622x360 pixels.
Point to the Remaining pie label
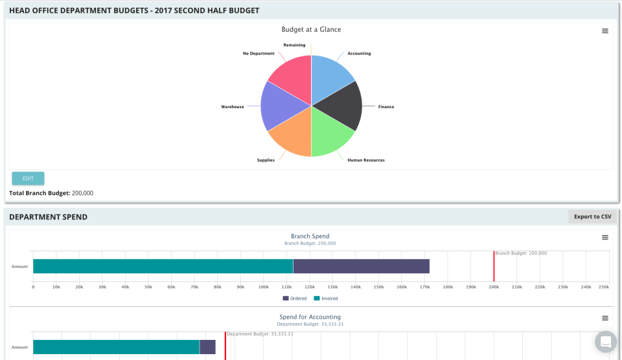tap(294, 45)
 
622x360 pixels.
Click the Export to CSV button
tap(592, 217)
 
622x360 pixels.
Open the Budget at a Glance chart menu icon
tap(605, 31)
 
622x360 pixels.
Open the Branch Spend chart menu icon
tap(605, 238)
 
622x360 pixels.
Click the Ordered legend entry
tap(295, 298)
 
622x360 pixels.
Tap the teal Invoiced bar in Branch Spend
tap(163, 266)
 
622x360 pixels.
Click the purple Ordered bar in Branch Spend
tap(361, 266)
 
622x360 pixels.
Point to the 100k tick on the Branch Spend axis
tap(263, 287)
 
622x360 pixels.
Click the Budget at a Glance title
tap(311, 30)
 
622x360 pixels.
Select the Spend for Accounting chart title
tap(310, 317)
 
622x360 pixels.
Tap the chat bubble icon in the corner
tap(605, 341)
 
